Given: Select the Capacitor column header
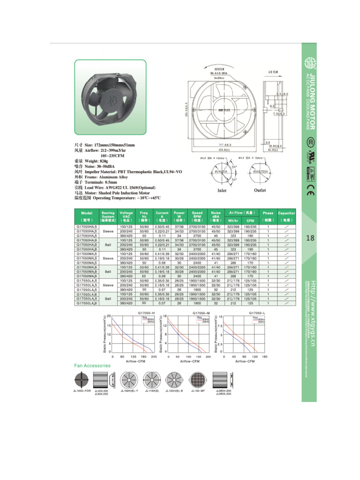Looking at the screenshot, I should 286,216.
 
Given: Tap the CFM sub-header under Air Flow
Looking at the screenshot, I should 250,220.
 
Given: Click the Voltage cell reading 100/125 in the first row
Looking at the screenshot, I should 126,227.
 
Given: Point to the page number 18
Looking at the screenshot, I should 310,239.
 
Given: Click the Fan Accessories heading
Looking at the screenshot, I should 92,365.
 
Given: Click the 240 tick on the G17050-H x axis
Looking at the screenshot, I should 153,357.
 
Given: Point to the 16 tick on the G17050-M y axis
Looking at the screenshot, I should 165,316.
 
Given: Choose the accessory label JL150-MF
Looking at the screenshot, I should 196,390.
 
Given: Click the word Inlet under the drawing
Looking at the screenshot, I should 222,191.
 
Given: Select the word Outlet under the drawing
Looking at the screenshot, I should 260,190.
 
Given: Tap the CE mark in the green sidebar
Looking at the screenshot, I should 310,191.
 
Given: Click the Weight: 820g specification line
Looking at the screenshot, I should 99,161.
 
